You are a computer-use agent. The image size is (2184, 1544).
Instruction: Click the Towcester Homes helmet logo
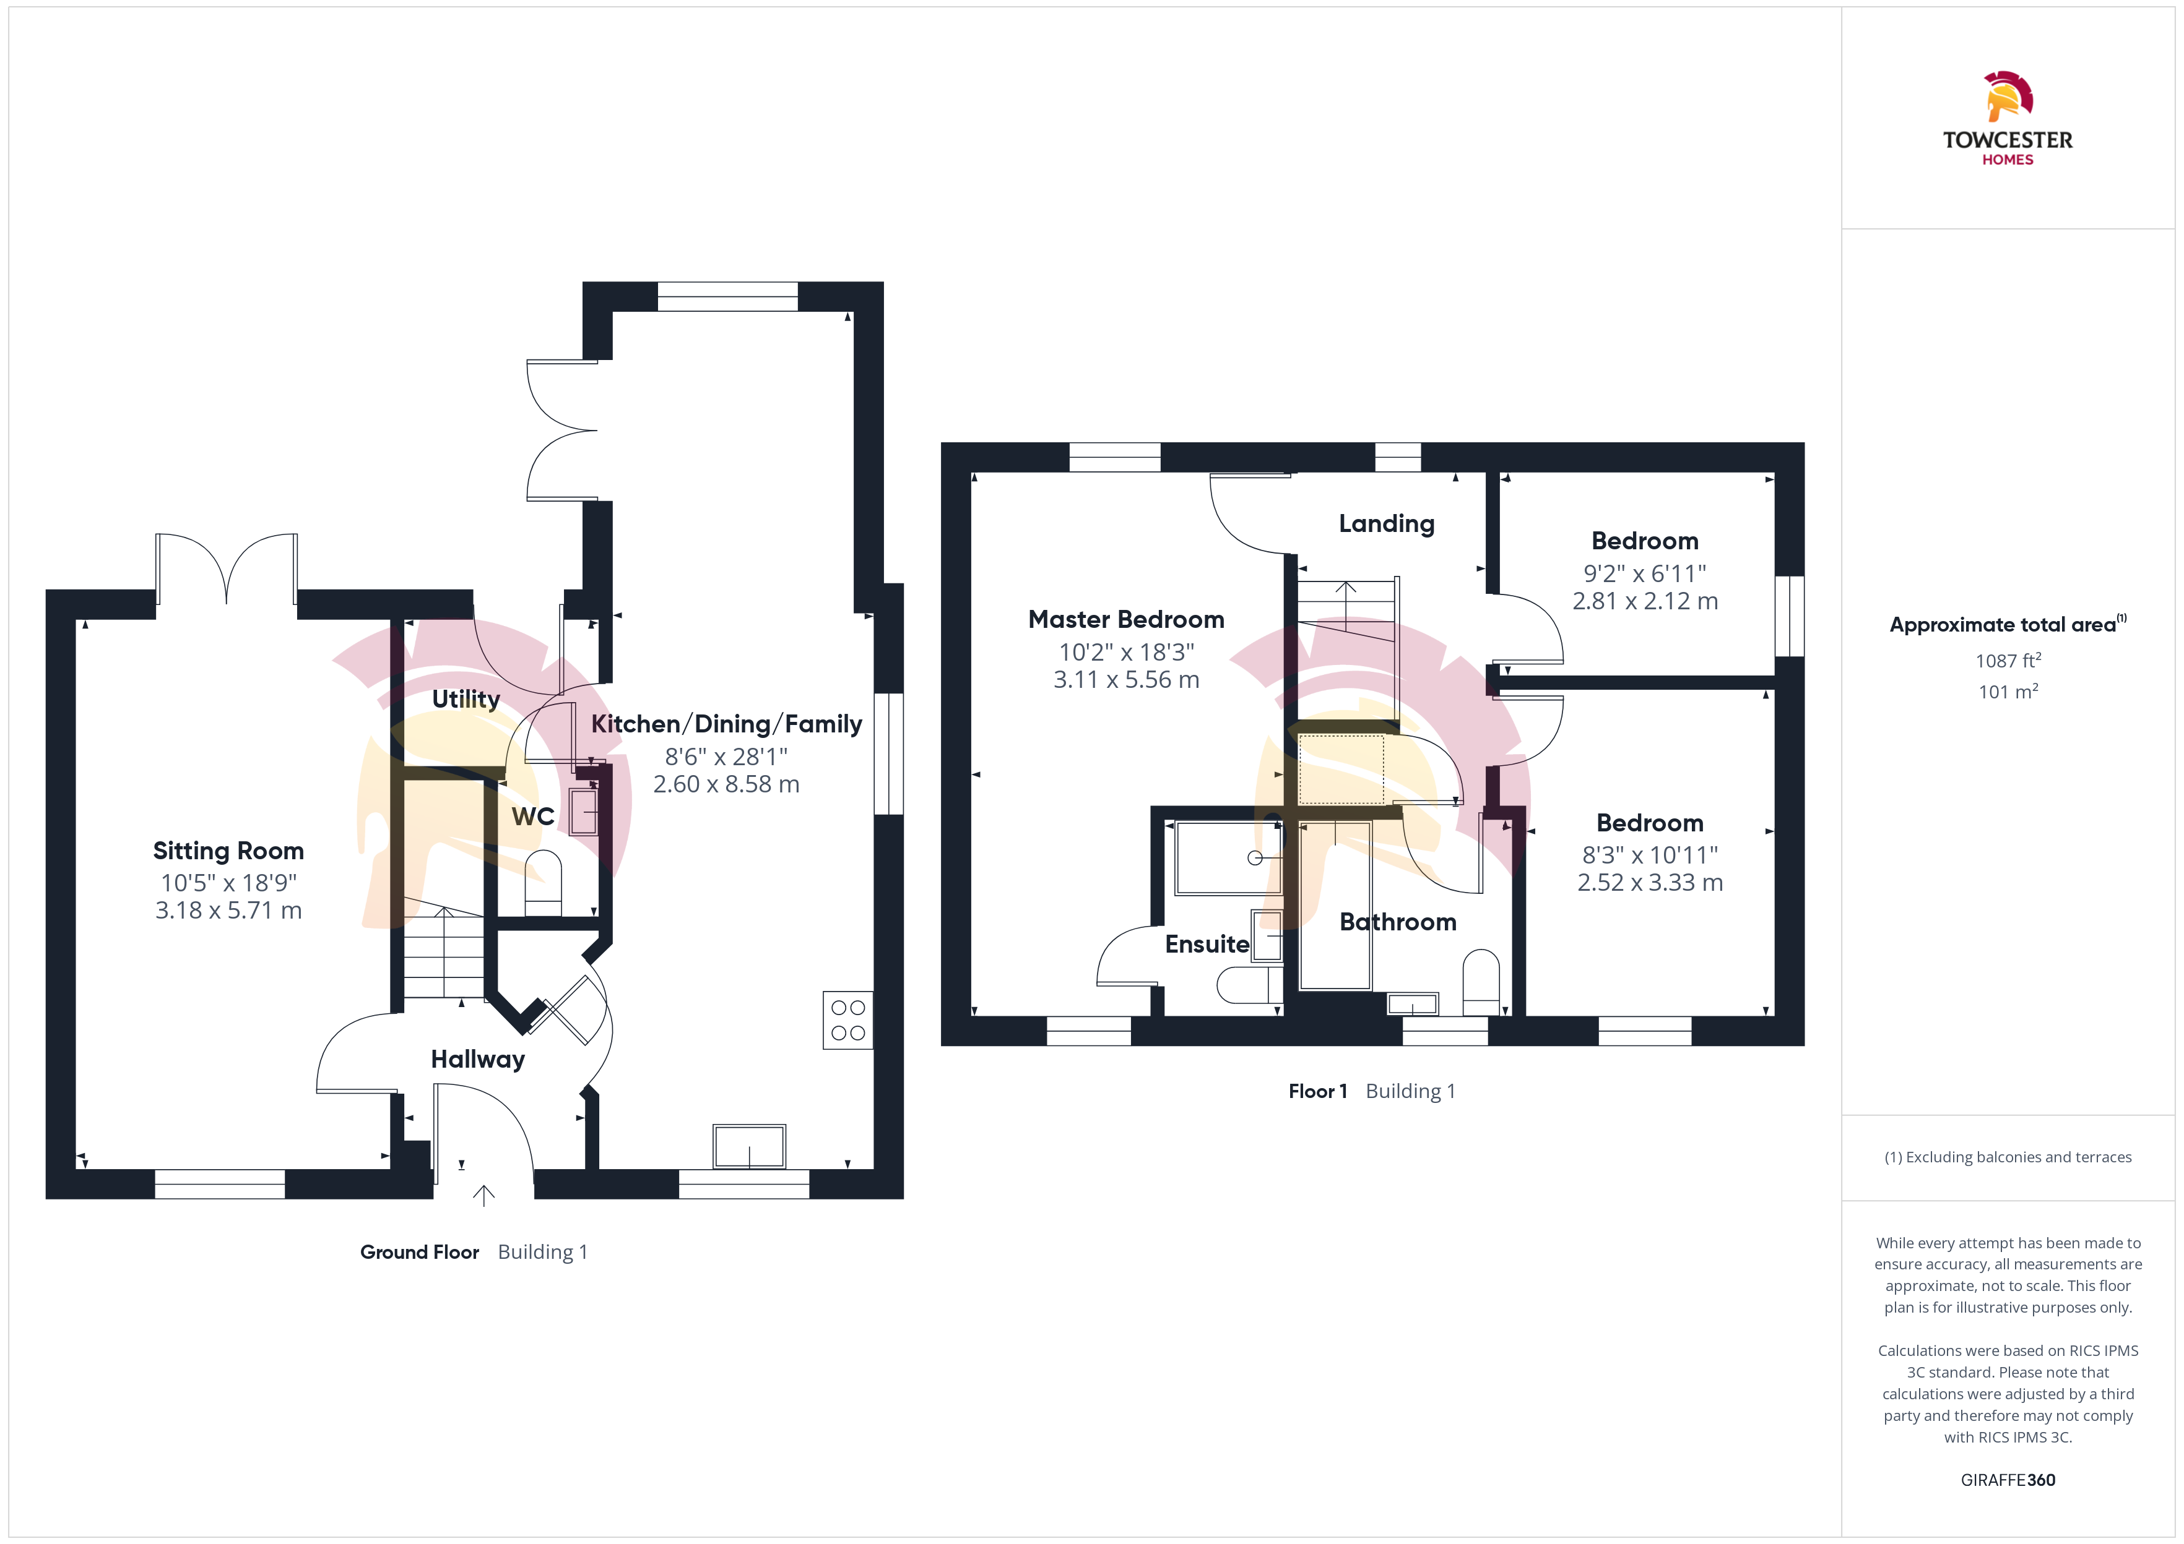[2008, 96]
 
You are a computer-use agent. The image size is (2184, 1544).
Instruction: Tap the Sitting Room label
[228, 851]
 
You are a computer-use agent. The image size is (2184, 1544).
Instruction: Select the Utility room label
[466, 699]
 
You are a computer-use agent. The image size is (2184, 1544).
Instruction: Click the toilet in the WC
[543, 882]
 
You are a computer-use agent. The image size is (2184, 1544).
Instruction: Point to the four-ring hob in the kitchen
[847, 1020]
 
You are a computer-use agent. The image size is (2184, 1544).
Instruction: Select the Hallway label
[477, 1059]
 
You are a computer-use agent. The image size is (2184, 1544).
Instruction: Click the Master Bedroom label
[1126, 620]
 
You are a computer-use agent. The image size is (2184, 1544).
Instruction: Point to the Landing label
[1387, 524]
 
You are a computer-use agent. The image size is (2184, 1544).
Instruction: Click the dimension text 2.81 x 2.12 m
[1645, 601]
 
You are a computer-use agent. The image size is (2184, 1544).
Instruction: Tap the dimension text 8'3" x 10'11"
[1650, 855]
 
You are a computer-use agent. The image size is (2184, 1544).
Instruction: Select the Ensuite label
[1207, 944]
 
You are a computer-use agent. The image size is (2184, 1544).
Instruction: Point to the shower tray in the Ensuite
[1228, 857]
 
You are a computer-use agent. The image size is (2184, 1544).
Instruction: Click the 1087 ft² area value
[2008, 660]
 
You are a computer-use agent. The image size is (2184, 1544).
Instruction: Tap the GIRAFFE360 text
[2008, 1480]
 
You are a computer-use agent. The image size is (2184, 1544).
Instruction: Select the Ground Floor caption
[420, 1252]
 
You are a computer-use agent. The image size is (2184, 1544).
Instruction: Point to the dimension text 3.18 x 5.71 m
[228, 911]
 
